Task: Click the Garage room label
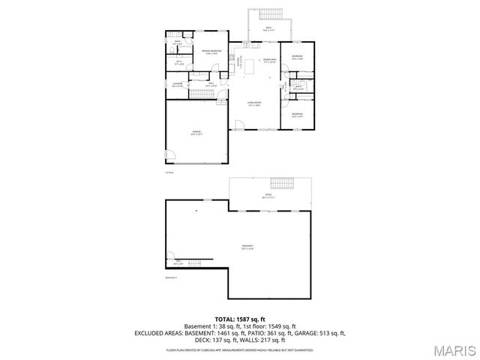[x=196, y=131]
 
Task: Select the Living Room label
[x=255, y=103]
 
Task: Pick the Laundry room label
[x=178, y=84]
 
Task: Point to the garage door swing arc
[x=170, y=157]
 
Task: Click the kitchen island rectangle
[x=253, y=67]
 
